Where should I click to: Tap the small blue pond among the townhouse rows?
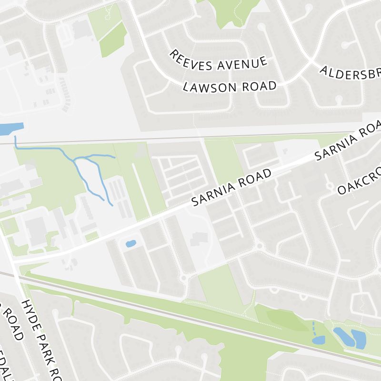(130, 244)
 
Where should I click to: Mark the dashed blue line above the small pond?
(313, 328)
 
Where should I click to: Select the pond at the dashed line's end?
(318, 340)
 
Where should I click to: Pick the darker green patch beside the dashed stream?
(286, 320)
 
